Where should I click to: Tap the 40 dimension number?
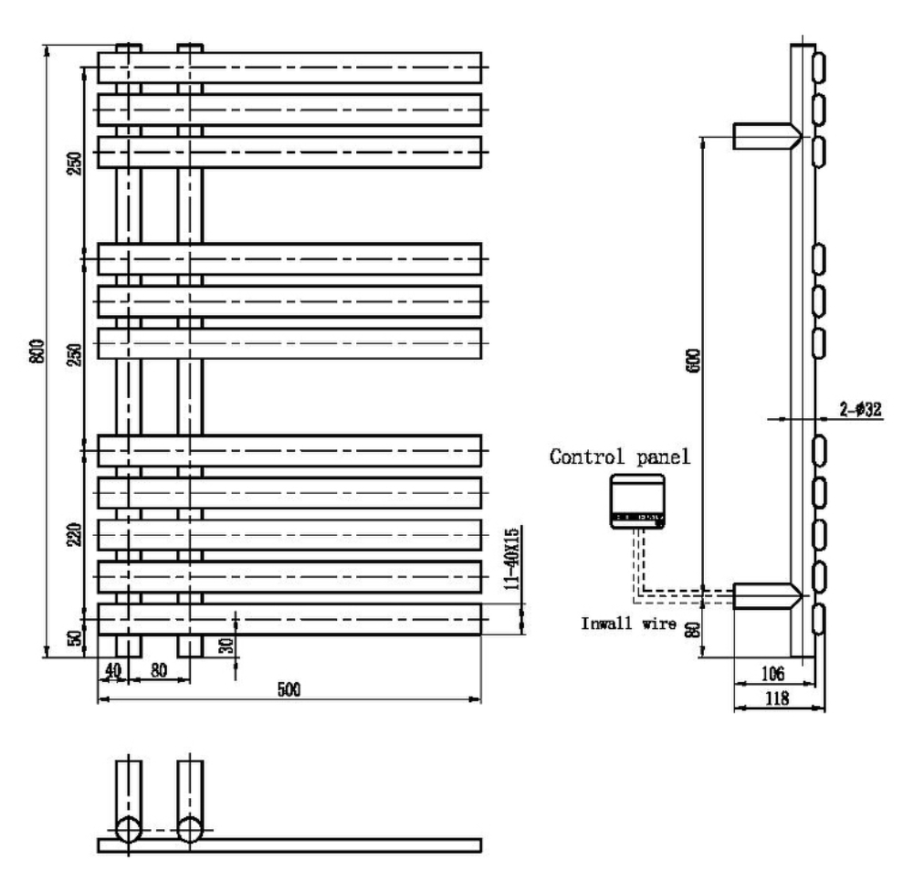tap(112, 670)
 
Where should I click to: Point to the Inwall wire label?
tap(629, 624)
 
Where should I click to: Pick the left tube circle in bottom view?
tap(128, 831)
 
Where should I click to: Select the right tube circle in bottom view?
tap(190, 831)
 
